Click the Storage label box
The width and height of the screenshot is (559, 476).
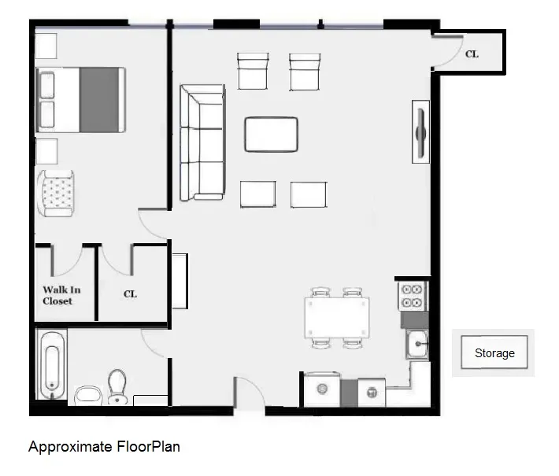click(x=494, y=353)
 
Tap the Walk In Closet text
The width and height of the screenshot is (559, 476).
click(x=61, y=295)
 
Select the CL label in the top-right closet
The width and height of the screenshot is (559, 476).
click(x=472, y=54)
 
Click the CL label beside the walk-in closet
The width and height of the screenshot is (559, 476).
click(x=130, y=293)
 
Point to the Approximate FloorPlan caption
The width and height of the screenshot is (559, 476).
click(x=104, y=447)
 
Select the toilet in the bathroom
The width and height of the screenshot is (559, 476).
click(x=118, y=386)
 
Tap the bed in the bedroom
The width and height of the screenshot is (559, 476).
click(x=80, y=99)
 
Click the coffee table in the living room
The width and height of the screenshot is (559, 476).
click(x=271, y=134)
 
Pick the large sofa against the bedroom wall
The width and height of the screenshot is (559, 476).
click(x=202, y=142)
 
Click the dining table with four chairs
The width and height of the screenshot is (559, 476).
click(x=336, y=317)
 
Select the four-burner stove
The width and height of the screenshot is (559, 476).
click(x=412, y=296)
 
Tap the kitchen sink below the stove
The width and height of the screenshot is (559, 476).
click(x=416, y=343)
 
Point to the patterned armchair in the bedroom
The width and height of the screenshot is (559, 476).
click(x=57, y=192)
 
